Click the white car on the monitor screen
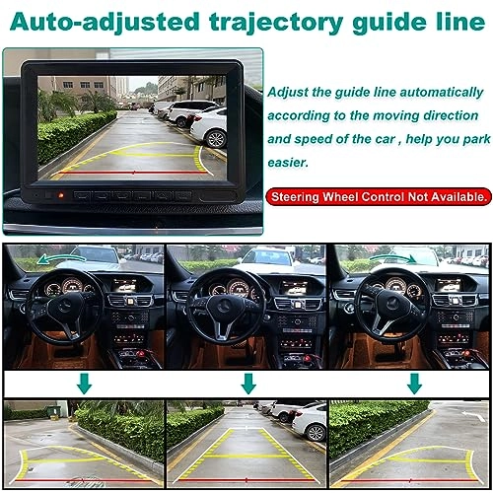(209, 126)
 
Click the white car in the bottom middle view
(309, 422)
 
